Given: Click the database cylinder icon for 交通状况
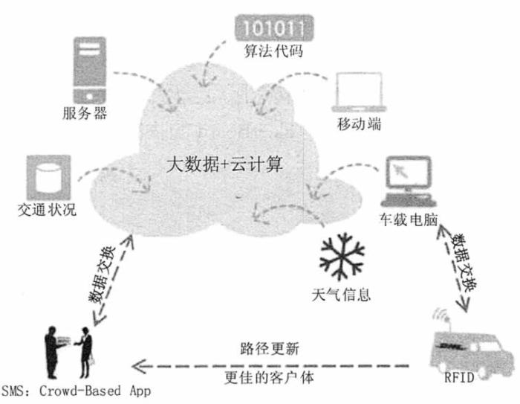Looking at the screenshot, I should [x=48, y=177].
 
